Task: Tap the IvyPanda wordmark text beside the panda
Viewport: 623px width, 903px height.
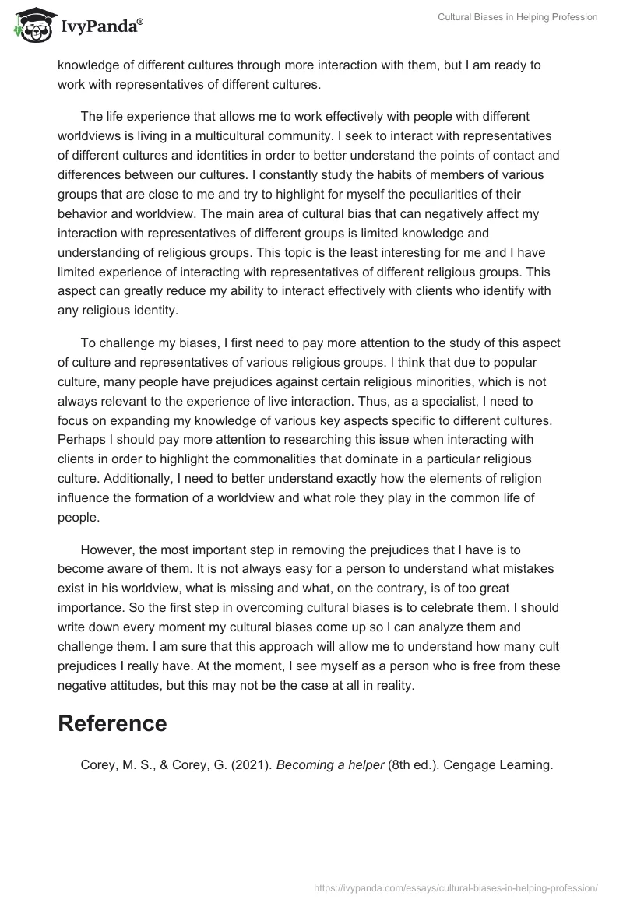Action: point(100,27)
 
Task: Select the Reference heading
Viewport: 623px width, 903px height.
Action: point(112,723)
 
